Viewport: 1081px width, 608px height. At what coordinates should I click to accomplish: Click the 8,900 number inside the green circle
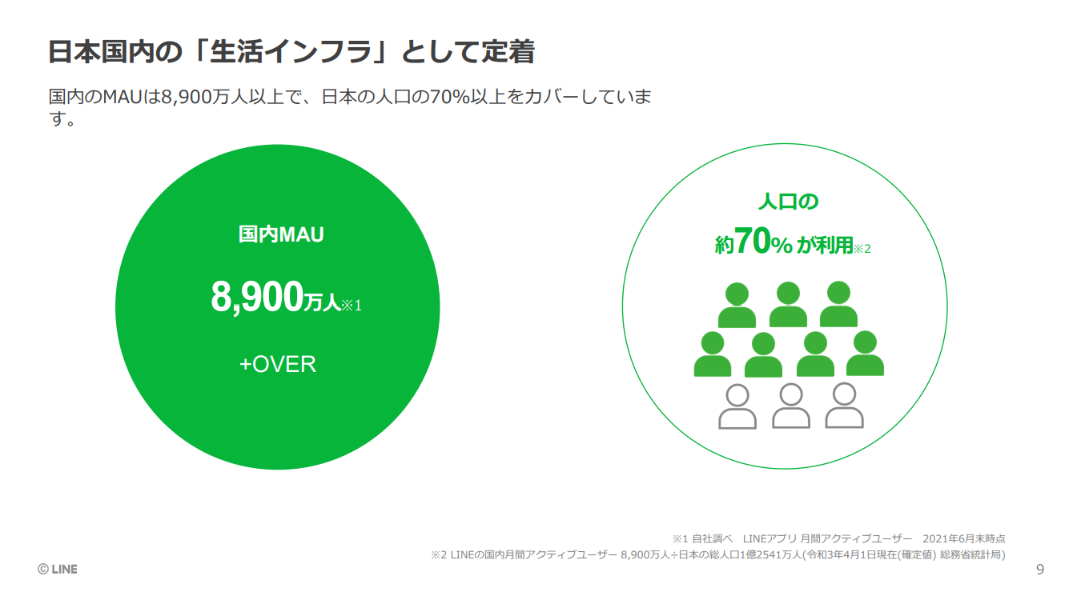pyautogui.click(x=257, y=298)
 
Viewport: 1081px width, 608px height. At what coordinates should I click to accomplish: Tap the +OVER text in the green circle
pyautogui.click(x=278, y=365)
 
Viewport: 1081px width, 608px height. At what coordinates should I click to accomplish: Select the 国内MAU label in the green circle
pyautogui.click(x=281, y=235)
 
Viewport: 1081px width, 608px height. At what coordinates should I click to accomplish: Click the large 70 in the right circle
pyautogui.click(x=753, y=241)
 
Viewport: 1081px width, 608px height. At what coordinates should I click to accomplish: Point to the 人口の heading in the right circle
pyautogui.click(x=789, y=201)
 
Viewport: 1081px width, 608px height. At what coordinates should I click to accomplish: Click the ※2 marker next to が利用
pyautogui.click(x=862, y=249)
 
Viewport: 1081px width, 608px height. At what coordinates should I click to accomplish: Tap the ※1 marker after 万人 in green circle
pyautogui.click(x=352, y=306)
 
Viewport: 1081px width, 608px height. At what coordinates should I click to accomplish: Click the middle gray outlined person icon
pyautogui.click(x=791, y=406)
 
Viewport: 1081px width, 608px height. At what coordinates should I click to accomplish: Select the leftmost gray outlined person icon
pyautogui.click(x=737, y=406)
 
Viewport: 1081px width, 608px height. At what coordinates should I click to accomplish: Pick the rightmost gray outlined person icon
pyautogui.click(x=845, y=406)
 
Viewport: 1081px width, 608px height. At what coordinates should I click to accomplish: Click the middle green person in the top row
pyautogui.click(x=788, y=305)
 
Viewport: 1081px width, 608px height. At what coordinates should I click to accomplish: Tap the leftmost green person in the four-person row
pyautogui.click(x=713, y=354)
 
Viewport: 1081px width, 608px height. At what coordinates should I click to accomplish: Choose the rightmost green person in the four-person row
pyautogui.click(x=866, y=353)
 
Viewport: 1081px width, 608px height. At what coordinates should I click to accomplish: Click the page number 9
pyautogui.click(x=1040, y=570)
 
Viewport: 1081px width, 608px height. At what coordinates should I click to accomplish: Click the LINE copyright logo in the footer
pyautogui.click(x=58, y=570)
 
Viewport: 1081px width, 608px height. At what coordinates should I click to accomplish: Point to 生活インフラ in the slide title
pyautogui.click(x=291, y=51)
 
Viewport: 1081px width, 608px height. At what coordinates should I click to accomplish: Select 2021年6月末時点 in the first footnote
pyautogui.click(x=964, y=538)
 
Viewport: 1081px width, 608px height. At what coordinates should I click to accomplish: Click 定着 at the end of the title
pyautogui.click(x=508, y=51)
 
